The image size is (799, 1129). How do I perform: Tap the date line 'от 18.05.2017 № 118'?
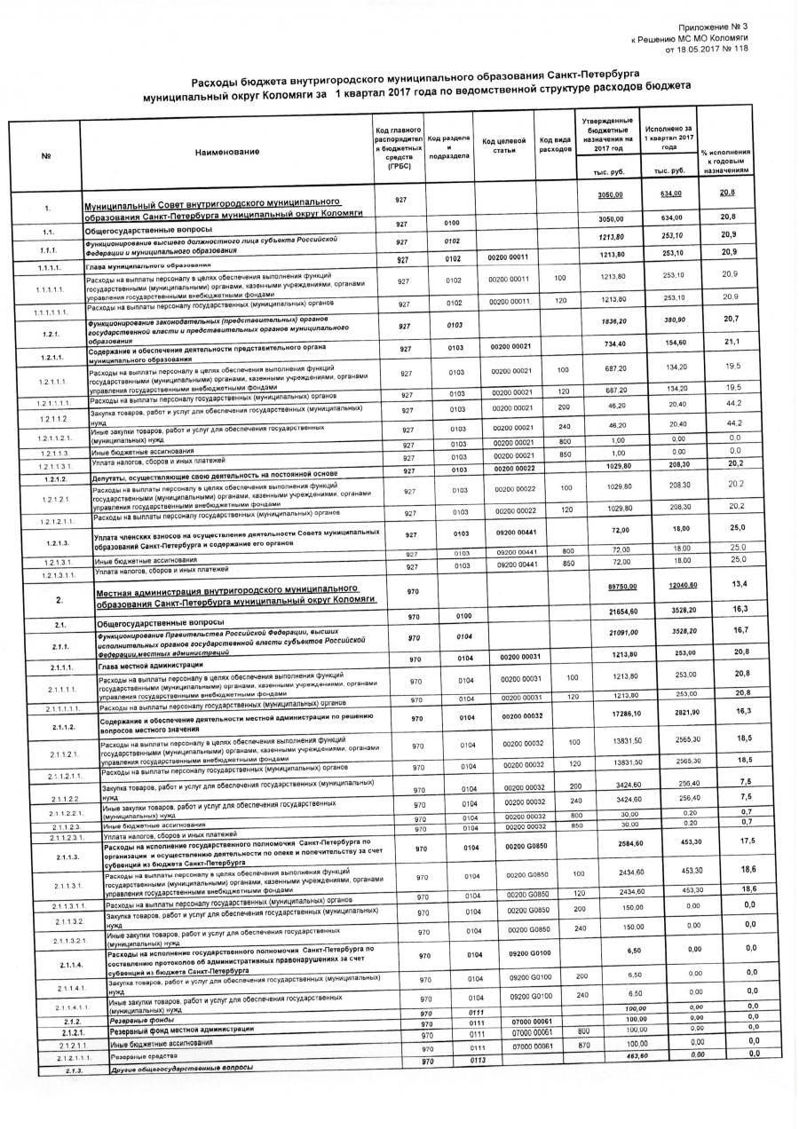[x=706, y=50]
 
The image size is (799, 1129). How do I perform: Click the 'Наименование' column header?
[x=228, y=152]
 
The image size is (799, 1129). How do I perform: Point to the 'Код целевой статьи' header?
[x=503, y=146]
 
